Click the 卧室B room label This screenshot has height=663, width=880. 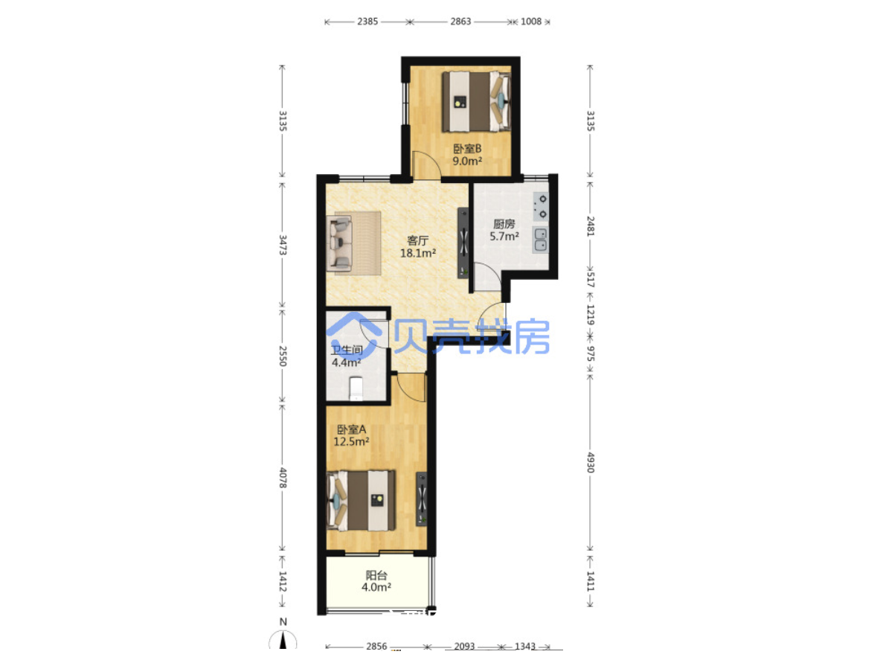point(467,149)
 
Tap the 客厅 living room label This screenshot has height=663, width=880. point(417,241)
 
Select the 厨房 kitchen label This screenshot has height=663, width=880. point(504,224)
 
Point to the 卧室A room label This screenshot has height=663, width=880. point(351,429)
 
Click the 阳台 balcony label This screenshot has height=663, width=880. point(376,575)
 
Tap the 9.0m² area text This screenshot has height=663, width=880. point(467,161)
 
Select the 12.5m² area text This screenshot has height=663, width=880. point(351,442)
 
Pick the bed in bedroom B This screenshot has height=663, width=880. point(476,102)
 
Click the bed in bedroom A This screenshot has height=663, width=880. point(361,501)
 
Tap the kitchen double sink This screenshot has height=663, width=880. point(540,240)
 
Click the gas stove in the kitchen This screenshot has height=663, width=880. point(541,207)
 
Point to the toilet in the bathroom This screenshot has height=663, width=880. point(356,389)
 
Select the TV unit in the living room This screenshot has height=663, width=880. point(463,243)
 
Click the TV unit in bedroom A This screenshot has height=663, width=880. point(422,499)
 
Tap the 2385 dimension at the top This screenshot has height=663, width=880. point(367,22)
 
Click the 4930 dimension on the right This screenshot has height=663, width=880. point(591,463)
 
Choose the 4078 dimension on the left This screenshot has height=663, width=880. point(283,478)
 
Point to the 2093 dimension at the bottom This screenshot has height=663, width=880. point(464,646)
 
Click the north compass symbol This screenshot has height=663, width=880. point(283,640)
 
